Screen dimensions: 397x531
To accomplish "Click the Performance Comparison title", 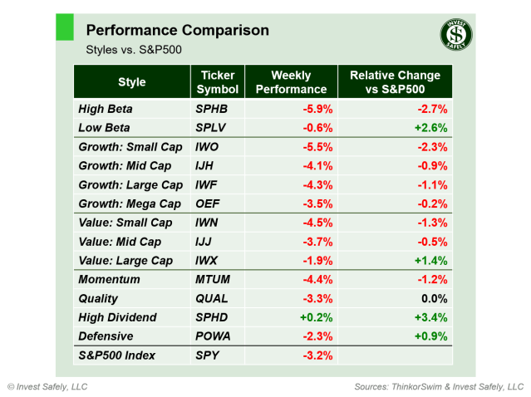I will coord(177,30).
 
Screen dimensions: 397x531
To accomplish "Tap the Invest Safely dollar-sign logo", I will coord(455,34).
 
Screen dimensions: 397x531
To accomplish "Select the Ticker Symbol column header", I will coord(219,82).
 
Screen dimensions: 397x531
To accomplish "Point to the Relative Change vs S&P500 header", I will coord(395,82).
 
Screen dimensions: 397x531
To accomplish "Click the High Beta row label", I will coord(105,109).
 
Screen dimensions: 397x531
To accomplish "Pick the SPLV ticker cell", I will coord(211,128).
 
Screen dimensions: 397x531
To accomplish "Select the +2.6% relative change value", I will coord(431,128).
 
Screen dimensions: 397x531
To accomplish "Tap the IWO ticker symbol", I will coord(209,147).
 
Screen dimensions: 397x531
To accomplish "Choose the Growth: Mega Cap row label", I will coord(129,203).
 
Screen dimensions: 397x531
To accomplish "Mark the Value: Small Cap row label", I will coord(125,223).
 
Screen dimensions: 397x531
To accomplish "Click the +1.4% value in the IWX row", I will coord(431,261).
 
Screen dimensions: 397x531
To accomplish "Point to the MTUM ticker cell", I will coord(213,280).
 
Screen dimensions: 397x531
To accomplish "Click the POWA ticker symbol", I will coord(214,336).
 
